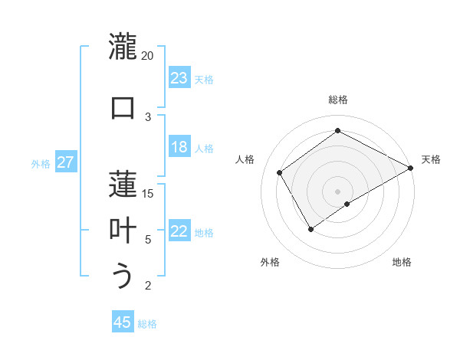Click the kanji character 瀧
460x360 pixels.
123,47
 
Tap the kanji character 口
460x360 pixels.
123,106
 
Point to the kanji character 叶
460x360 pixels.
123,230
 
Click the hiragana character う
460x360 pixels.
123,276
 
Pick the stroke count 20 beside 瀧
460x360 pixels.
148,56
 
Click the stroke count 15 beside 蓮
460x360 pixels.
148,193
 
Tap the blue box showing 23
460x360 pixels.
179,78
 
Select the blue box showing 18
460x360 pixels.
179,148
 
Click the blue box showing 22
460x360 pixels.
179,232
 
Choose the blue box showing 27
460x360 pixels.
65,163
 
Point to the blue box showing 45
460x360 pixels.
123,322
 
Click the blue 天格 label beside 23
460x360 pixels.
204,79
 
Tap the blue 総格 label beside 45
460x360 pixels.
147,324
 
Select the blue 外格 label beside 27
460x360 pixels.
41,164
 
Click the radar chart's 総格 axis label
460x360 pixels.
337,100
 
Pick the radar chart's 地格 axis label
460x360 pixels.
402,263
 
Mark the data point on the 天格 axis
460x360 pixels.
411,169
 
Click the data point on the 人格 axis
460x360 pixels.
280,172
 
